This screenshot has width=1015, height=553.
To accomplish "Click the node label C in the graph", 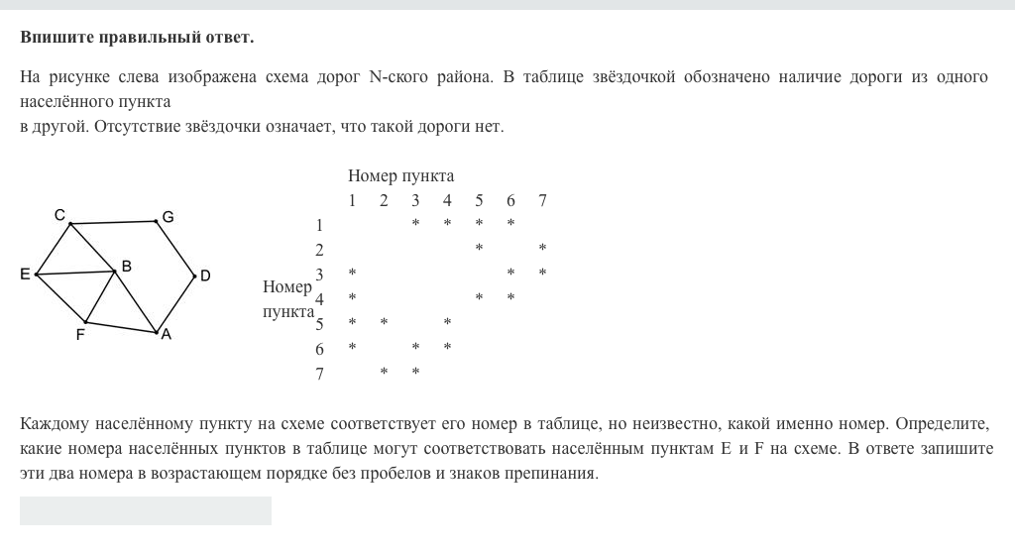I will click(60, 214).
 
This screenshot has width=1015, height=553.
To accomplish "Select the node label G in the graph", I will click(168, 216).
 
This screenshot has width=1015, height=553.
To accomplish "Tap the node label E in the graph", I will click(25, 275).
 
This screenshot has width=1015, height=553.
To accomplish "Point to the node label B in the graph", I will click(126, 265).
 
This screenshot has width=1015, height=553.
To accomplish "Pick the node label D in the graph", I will click(205, 276).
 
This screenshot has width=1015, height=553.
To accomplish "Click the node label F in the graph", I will click(80, 335).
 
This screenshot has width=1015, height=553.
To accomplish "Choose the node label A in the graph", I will click(166, 334).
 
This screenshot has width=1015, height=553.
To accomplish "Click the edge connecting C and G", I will click(113, 222).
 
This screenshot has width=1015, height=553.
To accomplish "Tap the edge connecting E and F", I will click(60, 298).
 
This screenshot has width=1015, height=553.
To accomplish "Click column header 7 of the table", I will click(542, 201).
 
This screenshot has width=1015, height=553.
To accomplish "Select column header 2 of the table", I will click(384, 201).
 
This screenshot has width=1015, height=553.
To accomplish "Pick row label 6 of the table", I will click(319, 349).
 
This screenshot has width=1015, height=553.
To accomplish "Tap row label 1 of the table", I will click(319, 225).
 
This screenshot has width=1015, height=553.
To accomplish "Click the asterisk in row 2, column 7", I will click(542, 249).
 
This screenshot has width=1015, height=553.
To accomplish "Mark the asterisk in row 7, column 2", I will click(384, 373).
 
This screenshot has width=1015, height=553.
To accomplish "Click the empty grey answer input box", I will click(146, 510).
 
